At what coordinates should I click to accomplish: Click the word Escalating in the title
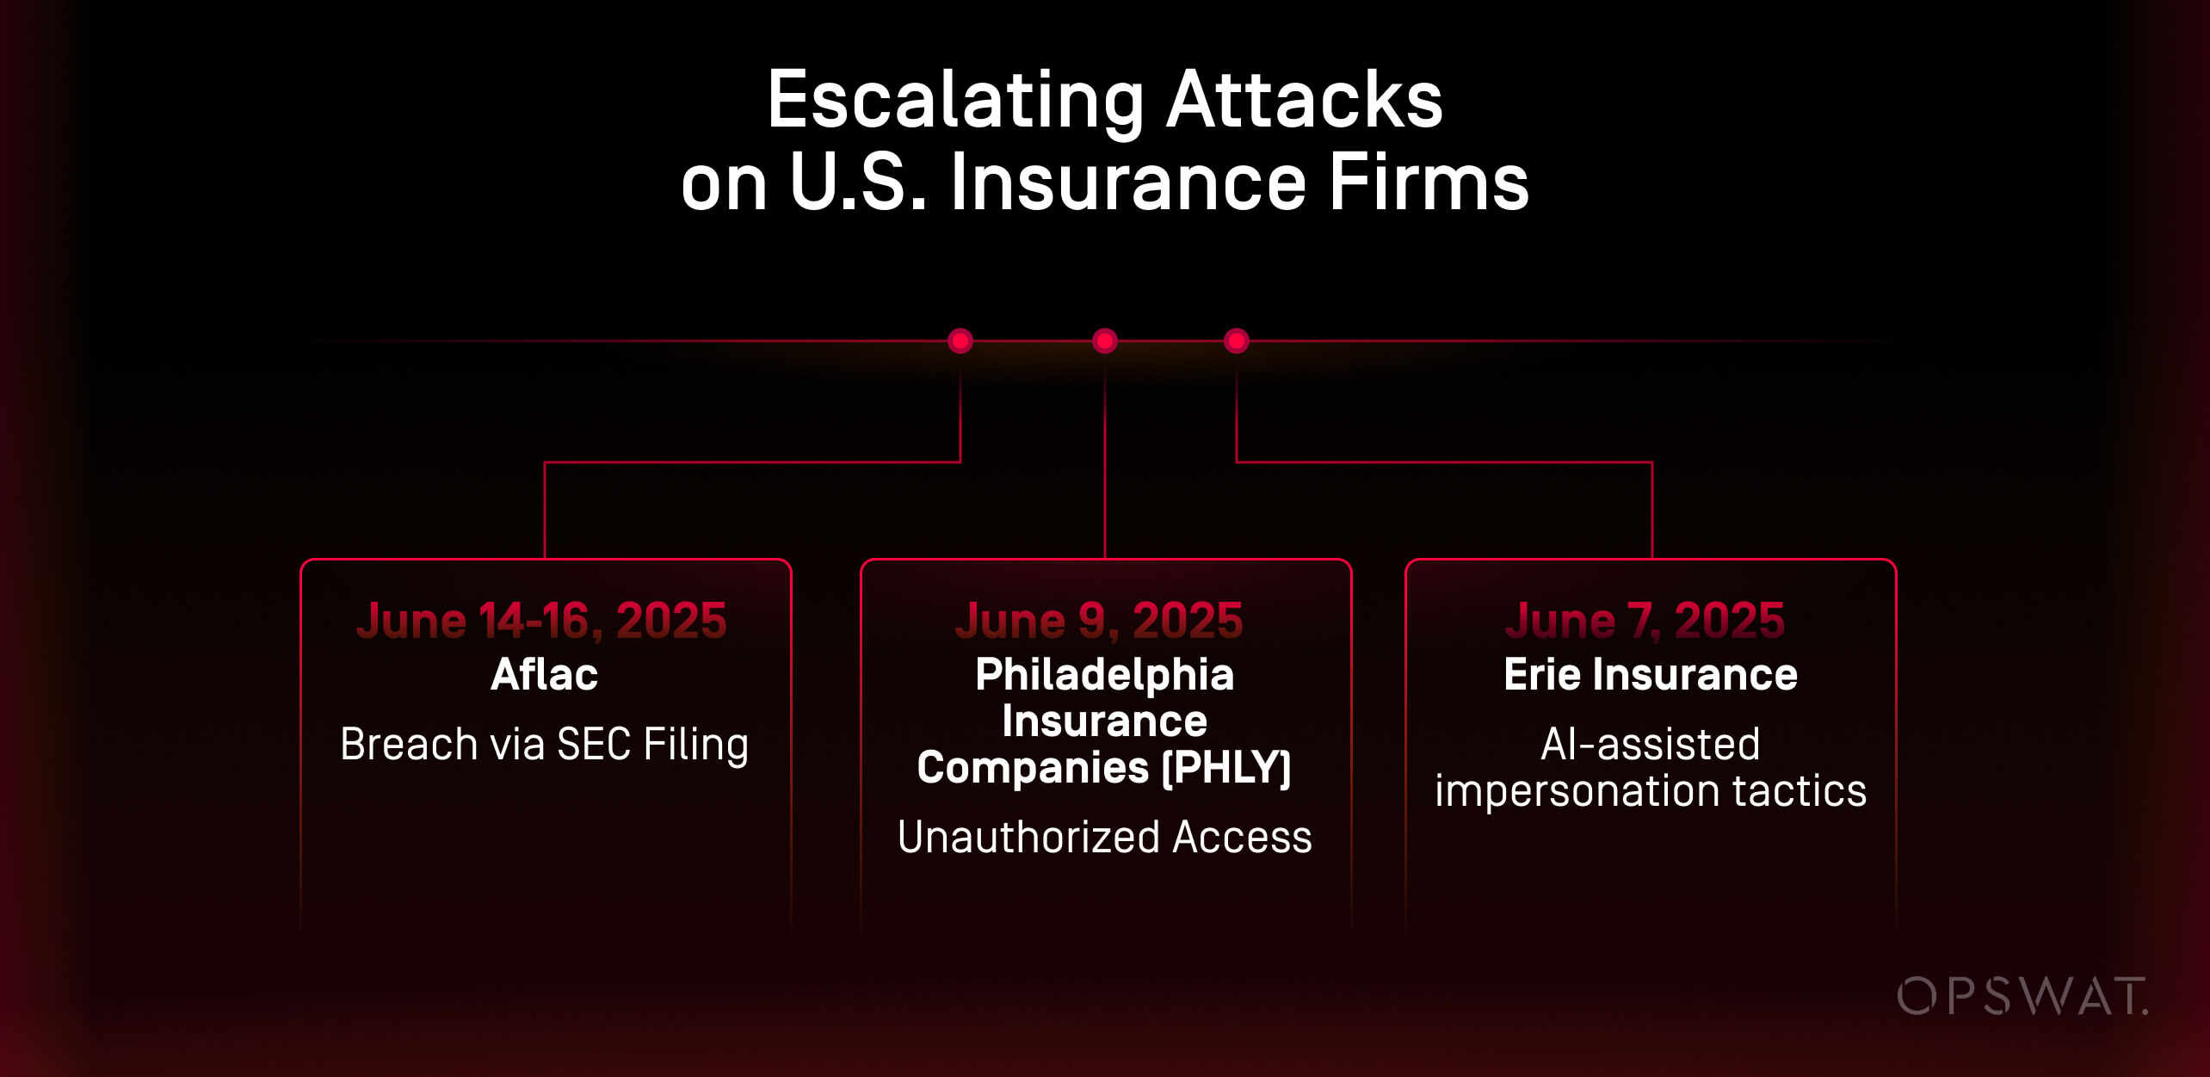pos(955,102)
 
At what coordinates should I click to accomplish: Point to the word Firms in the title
pos(1429,183)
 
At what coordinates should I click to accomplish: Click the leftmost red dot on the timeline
pos(960,341)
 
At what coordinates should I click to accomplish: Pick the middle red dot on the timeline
pos(1105,341)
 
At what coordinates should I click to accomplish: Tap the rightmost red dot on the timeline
pos(1237,341)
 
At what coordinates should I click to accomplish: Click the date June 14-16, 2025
pos(542,621)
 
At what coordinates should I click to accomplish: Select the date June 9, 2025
pos(1099,621)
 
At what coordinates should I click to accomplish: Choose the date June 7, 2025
pos(1645,621)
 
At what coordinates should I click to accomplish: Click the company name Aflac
pos(544,674)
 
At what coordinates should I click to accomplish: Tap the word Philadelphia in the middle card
pos(1105,674)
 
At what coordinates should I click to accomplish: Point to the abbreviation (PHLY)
pos(1226,767)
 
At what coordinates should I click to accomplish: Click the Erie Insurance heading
pos(1651,674)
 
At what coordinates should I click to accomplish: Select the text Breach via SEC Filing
pos(544,745)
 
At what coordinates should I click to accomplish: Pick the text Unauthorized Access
pos(1105,837)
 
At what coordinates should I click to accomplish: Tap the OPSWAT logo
pos(2022,996)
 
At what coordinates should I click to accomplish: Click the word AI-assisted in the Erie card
pos(1650,744)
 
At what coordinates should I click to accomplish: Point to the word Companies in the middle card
pos(1033,767)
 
